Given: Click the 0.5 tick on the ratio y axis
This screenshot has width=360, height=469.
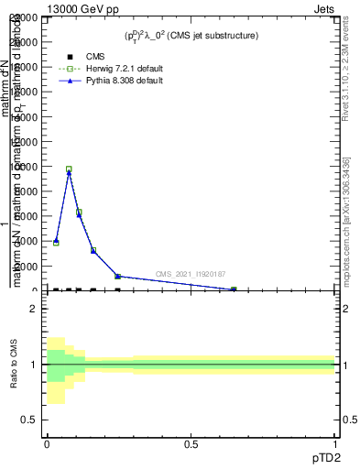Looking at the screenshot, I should (x=29, y=420).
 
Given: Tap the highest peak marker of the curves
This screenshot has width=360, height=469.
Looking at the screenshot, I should (x=69, y=170).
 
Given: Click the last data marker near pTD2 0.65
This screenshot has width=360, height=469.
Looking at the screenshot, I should (x=234, y=289).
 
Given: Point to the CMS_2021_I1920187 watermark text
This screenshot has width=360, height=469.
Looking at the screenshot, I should (x=190, y=274).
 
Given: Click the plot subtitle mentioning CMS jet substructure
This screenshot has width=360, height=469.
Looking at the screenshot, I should (x=191, y=35).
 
